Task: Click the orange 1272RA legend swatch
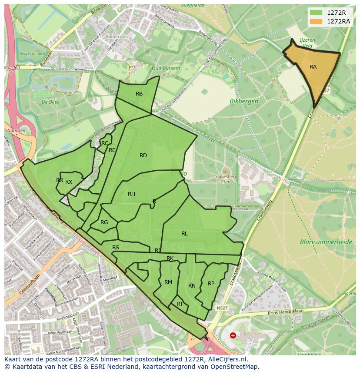pyautogui.click(x=316, y=21)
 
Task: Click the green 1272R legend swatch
pyautogui.click(x=316, y=13)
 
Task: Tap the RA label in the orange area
pyautogui.click(x=313, y=67)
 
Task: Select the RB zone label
pyautogui.click(x=139, y=94)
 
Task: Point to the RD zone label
pyautogui.click(x=143, y=156)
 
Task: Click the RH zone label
pyautogui.click(x=131, y=194)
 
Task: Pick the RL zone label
pyautogui.click(x=184, y=234)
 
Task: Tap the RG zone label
pyautogui.click(x=104, y=222)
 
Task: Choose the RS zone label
pyautogui.click(x=116, y=248)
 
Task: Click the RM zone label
pyautogui.click(x=168, y=282)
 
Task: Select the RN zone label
pyautogui.click(x=192, y=286)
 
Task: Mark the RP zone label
pyautogui.click(x=211, y=284)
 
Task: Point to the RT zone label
pyautogui.click(x=180, y=304)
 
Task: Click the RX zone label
pyautogui.click(x=69, y=182)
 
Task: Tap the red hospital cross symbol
pyautogui.click(x=233, y=335)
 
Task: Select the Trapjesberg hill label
pyautogui.click(x=225, y=177)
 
